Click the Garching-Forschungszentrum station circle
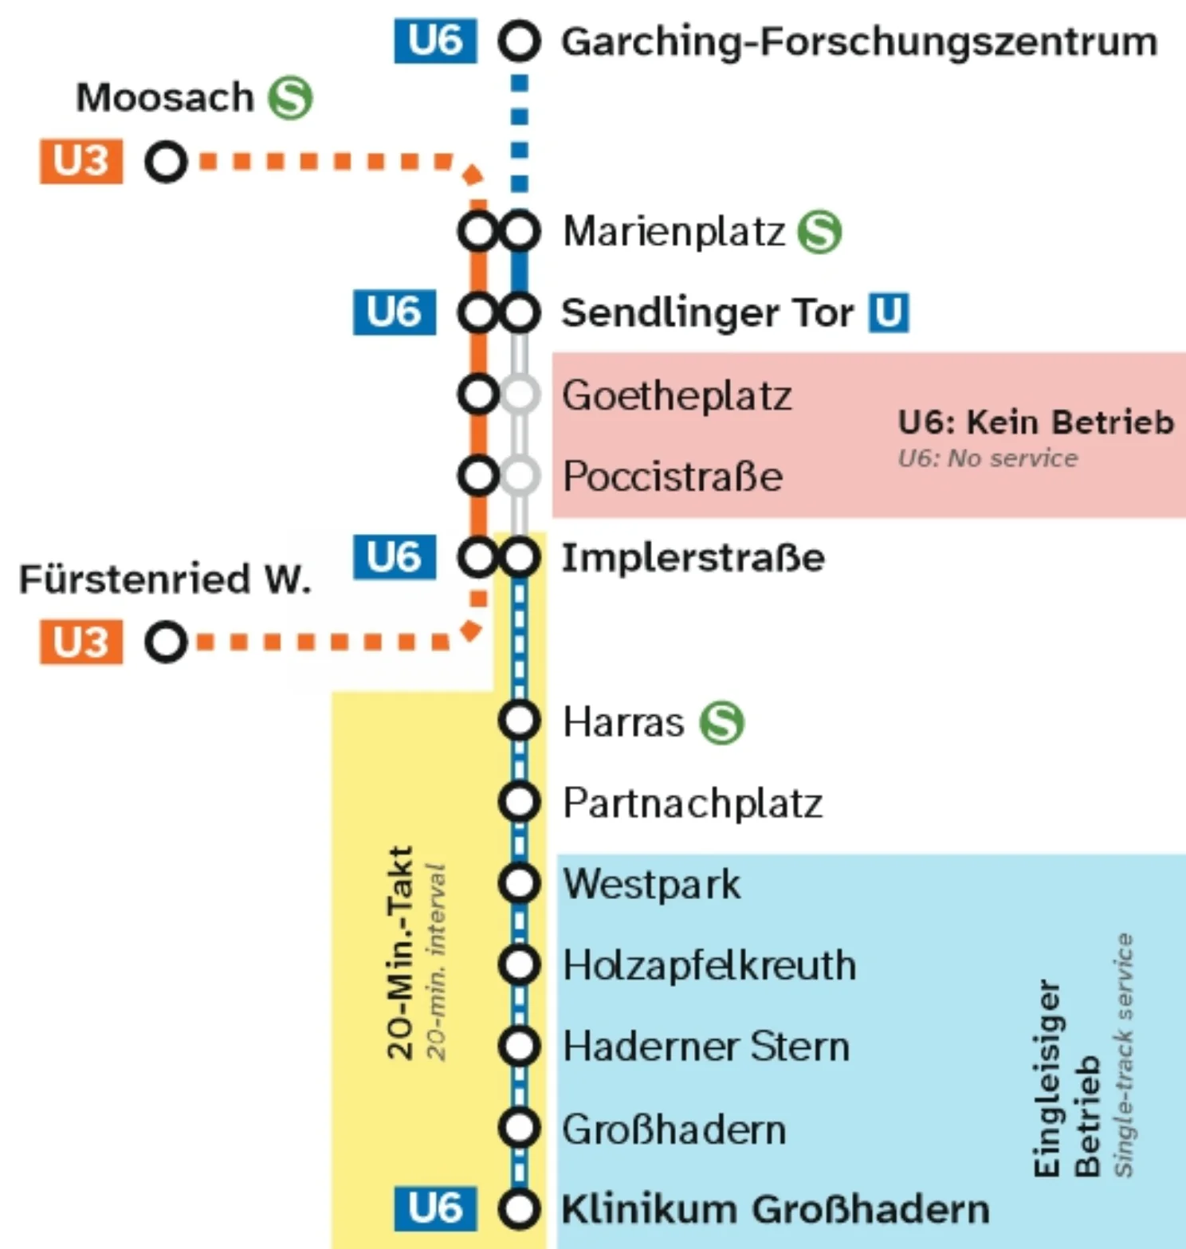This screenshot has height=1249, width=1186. pyautogui.click(x=519, y=41)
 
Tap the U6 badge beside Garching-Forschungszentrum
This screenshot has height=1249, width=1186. pyautogui.click(x=435, y=41)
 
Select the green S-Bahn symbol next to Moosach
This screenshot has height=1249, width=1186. pyautogui.click(x=290, y=98)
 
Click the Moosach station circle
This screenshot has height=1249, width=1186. pyautogui.click(x=166, y=162)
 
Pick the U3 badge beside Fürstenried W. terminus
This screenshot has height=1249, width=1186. pyautogui.click(x=81, y=642)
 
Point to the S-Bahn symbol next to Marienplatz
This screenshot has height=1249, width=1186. pyautogui.click(x=820, y=232)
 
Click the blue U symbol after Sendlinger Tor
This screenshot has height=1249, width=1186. pyautogui.click(x=889, y=312)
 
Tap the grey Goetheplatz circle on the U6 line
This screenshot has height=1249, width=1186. pyautogui.click(x=520, y=395)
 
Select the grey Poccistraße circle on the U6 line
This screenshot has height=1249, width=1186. pyautogui.click(x=520, y=476)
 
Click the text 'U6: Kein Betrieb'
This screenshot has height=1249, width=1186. pyautogui.click(x=1035, y=422)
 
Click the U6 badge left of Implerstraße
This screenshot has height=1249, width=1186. pyautogui.click(x=395, y=557)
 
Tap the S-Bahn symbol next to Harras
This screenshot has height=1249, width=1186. pyautogui.click(x=721, y=723)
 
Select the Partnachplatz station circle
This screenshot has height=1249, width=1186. pyautogui.click(x=519, y=802)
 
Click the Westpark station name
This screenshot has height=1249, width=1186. pyautogui.click(x=651, y=884)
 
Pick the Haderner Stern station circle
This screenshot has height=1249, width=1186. pyautogui.click(x=519, y=1046)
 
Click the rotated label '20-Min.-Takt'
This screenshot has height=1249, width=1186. pyautogui.click(x=399, y=952)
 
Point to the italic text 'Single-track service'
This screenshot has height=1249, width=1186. pyautogui.click(x=1123, y=1054)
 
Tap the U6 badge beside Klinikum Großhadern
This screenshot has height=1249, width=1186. pyautogui.click(x=435, y=1208)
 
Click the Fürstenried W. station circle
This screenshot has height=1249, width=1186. pyautogui.click(x=166, y=642)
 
